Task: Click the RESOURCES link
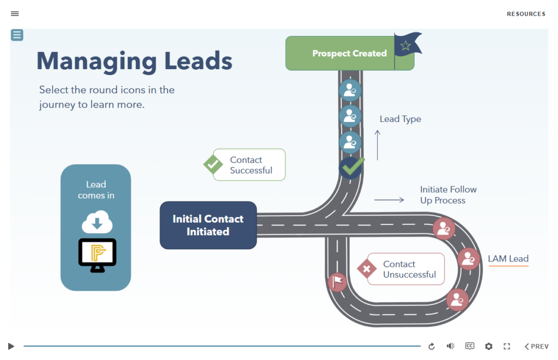pyautogui.click(x=526, y=14)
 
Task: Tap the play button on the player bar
pyautogui.click(x=11, y=346)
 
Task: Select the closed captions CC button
pyautogui.click(x=470, y=346)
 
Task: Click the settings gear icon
pyautogui.click(x=489, y=346)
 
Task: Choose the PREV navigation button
pyautogui.click(x=537, y=346)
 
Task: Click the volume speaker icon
pyautogui.click(x=451, y=346)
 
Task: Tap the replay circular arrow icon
pyautogui.click(x=432, y=346)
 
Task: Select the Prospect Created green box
pyautogui.click(x=350, y=53)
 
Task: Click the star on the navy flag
pyautogui.click(x=405, y=46)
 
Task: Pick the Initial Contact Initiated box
pyautogui.click(x=208, y=225)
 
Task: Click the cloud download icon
pyautogui.click(x=97, y=222)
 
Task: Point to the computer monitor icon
pyautogui.click(x=97, y=255)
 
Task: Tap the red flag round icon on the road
pyautogui.click(x=337, y=283)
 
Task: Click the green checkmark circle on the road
pyautogui.click(x=351, y=167)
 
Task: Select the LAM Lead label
pyautogui.click(x=508, y=259)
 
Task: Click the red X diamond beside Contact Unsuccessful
pyautogui.click(x=367, y=269)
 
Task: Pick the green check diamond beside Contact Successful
pyautogui.click(x=213, y=164)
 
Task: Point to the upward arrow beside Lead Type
pyautogui.click(x=378, y=145)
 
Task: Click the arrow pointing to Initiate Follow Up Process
pyautogui.click(x=389, y=200)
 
